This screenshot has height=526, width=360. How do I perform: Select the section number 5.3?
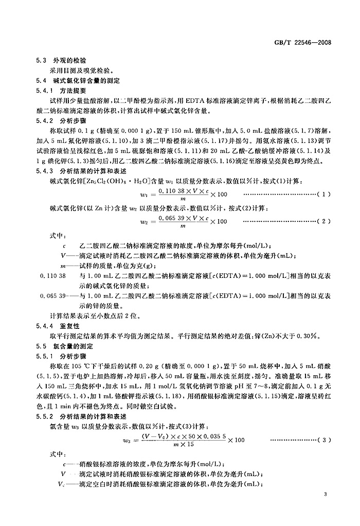tap(41, 61)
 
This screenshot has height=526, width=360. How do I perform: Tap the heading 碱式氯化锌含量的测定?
tap(81, 80)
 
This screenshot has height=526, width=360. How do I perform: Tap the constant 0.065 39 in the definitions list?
tap(53, 296)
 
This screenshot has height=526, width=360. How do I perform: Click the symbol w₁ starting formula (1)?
tap(124, 195)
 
